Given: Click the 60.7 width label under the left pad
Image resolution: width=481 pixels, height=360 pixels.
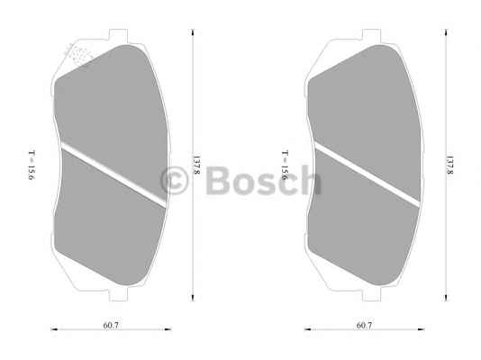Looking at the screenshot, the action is coord(111,326).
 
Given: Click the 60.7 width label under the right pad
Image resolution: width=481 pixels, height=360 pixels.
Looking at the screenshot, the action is coord(364,326).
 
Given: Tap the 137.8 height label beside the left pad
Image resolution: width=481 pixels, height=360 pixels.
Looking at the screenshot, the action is coord(196,165).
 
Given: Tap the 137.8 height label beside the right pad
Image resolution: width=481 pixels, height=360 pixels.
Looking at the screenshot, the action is coord(449,165).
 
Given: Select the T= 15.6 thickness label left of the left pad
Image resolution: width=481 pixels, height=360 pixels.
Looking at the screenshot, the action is coord(32,165).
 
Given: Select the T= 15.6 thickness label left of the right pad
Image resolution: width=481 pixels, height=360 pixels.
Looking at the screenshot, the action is coord(285,165).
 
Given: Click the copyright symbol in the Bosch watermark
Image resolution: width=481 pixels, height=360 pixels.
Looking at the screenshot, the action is coord(174,181).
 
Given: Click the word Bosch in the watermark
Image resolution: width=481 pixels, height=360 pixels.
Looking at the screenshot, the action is coord(264,180).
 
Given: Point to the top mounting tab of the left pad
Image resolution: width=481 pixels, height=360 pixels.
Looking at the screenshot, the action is coord(118,35).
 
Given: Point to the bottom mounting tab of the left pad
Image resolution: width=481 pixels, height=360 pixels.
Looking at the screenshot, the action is coord(118,294).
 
